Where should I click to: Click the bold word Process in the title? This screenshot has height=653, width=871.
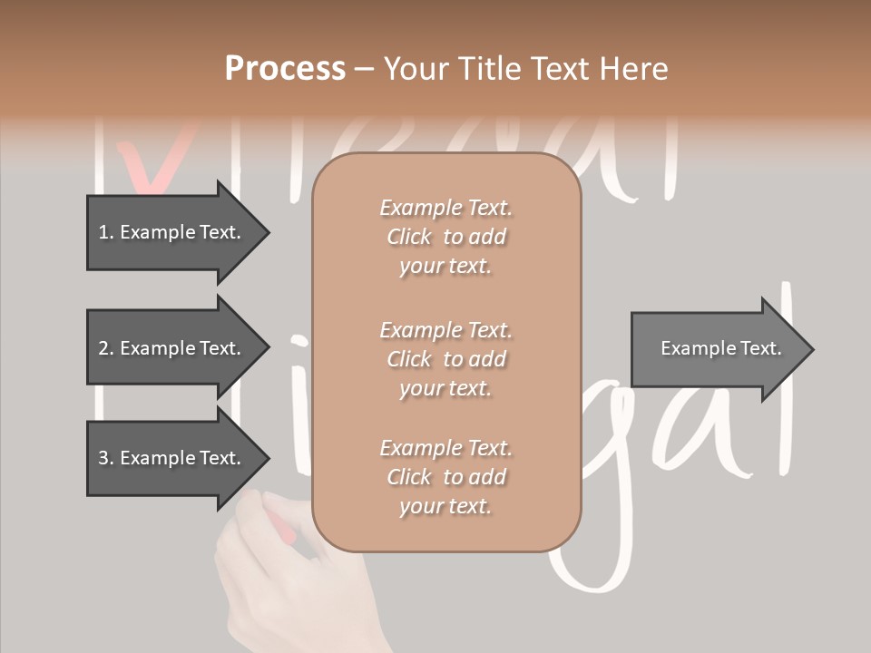point(285,69)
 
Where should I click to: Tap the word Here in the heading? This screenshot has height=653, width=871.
point(632,69)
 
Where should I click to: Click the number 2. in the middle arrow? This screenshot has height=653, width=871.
point(106,348)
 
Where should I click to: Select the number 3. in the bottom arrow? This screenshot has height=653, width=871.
point(106,458)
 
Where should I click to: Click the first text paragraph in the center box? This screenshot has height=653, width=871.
point(445,237)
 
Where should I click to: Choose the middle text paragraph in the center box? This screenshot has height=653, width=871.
point(445,359)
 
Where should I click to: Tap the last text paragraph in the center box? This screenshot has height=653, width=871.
point(445,477)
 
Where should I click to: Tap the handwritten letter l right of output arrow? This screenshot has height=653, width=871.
point(782,381)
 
